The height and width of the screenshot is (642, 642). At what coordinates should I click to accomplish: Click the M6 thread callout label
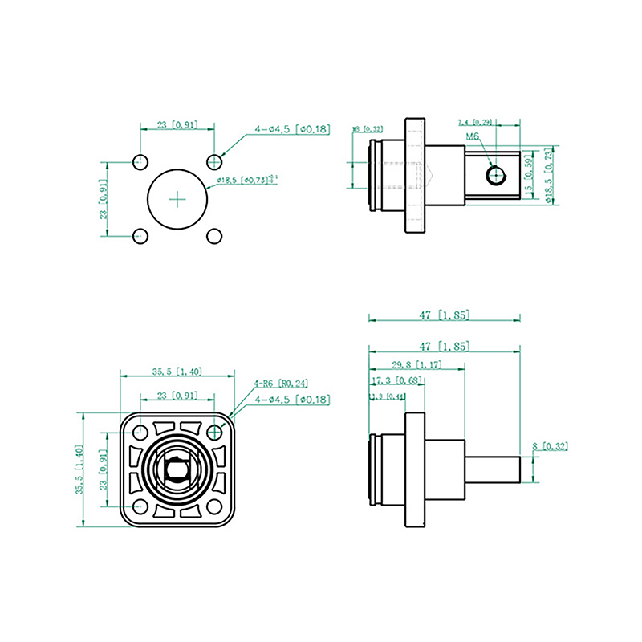(x=473, y=137)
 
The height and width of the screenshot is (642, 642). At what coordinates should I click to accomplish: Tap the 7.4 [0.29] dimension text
(x=475, y=122)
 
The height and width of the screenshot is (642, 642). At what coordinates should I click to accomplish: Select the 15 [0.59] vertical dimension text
(x=529, y=176)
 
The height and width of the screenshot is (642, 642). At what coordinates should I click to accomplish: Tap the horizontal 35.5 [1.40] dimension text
(x=177, y=372)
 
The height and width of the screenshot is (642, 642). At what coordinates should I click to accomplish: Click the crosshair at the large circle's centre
(x=177, y=197)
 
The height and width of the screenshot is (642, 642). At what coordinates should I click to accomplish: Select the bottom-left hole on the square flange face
(x=140, y=506)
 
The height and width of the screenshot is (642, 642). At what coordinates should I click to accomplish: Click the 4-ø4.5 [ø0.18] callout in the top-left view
(x=292, y=128)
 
